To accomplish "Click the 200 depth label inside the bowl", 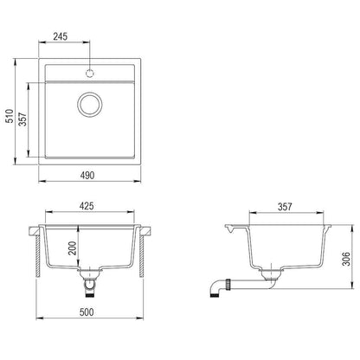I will pos(73,250).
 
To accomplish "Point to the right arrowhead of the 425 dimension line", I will pos(136,216).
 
